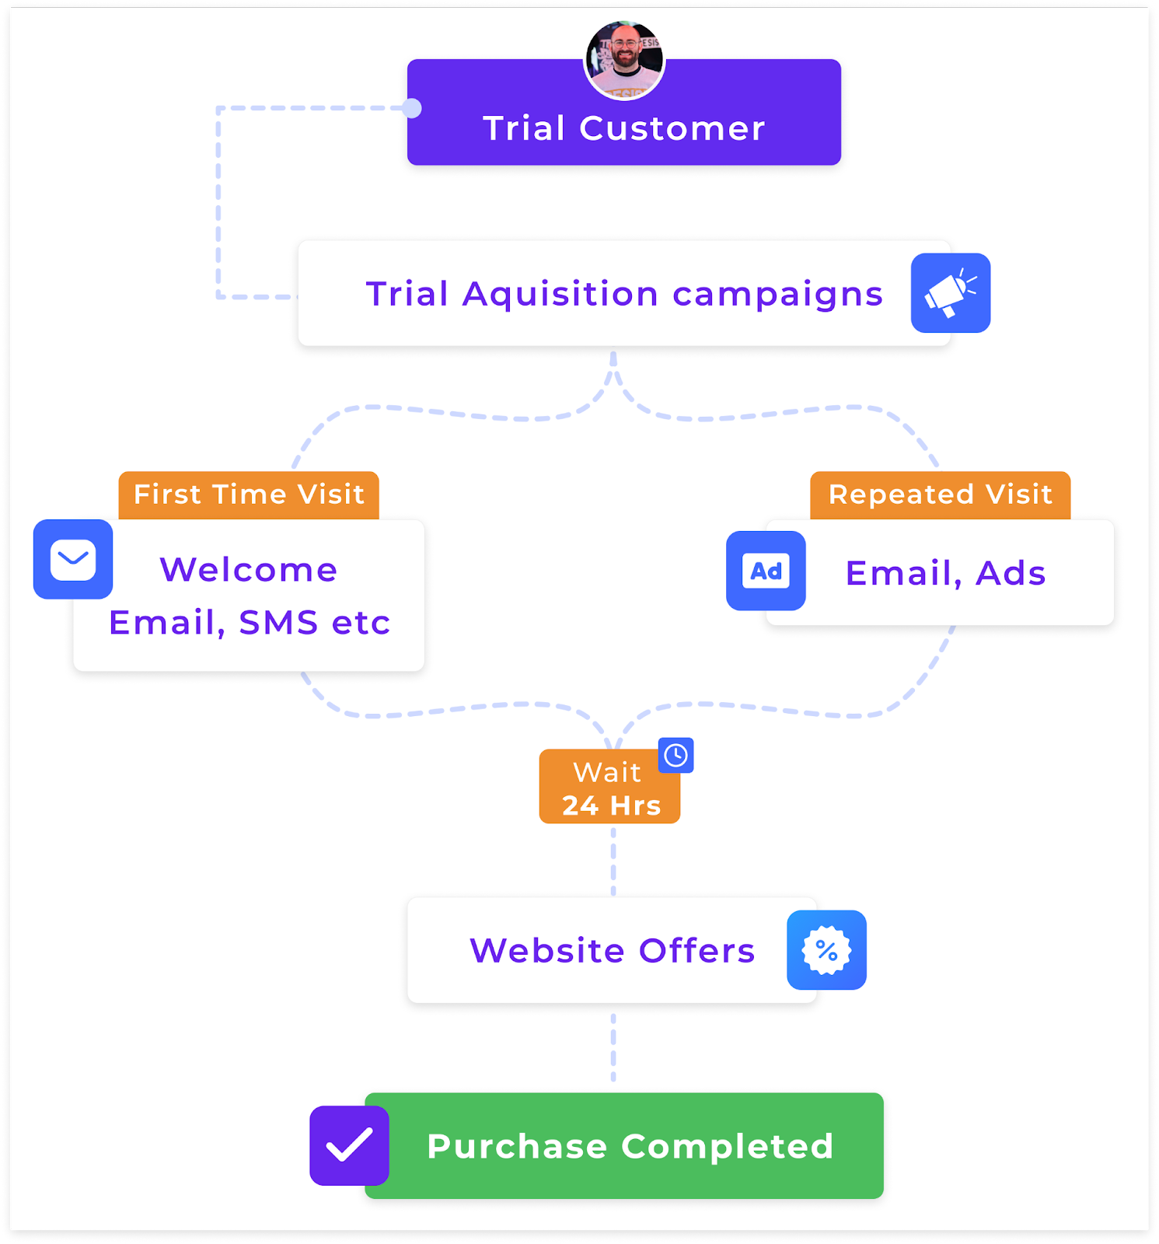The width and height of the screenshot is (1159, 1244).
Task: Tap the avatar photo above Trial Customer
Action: point(624,60)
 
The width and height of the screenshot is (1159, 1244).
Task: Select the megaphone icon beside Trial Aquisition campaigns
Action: point(950,293)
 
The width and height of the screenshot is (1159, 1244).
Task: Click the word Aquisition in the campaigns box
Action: point(560,294)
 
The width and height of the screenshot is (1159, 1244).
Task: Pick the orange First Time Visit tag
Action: point(249,494)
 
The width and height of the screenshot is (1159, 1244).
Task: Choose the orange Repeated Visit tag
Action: point(940,494)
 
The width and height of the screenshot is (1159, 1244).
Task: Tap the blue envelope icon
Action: point(73,559)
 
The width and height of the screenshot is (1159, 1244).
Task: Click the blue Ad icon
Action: point(766,571)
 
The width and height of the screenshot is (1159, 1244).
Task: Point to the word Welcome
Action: point(249,569)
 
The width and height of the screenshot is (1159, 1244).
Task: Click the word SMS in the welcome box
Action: point(278,622)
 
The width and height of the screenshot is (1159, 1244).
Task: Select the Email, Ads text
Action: point(945,573)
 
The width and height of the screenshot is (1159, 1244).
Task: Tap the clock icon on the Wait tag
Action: point(676,755)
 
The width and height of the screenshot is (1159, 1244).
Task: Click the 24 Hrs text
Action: point(611,805)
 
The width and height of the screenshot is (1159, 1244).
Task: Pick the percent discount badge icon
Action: point(826,949)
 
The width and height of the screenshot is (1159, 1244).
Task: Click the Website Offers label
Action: point(612,950)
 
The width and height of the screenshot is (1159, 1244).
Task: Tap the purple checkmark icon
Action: point(349,1145)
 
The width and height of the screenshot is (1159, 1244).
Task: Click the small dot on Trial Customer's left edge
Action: point(412,108)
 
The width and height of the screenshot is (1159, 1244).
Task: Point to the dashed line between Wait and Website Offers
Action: point(613,860)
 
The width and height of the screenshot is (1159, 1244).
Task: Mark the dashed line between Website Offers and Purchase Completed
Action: point(613,1047)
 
